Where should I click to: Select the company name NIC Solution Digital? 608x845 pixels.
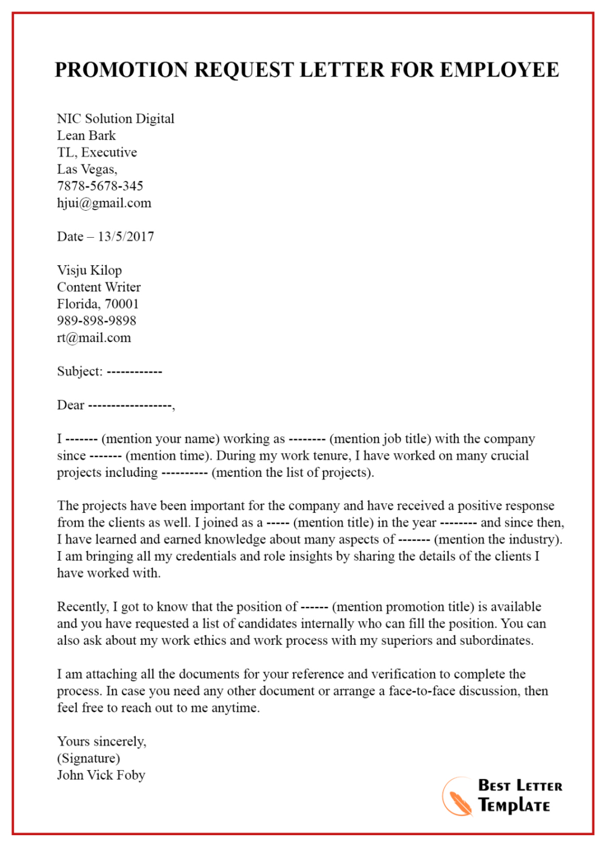[115, 119]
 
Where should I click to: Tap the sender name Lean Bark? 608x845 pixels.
[86, 136]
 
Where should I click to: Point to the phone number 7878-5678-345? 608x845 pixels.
[100, 186]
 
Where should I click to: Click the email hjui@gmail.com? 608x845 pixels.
[104, 203]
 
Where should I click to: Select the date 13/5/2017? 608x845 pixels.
[126, 237]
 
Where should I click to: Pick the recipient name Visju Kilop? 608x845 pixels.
[89, 270]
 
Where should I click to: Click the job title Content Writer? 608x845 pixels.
[99, 287]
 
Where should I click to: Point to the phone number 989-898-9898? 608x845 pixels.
[96, 321]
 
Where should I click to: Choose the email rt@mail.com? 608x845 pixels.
[94, 338]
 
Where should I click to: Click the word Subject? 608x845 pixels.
[80, 371]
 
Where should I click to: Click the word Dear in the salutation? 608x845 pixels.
[70, 405]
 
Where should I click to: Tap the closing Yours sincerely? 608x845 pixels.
[102, 742]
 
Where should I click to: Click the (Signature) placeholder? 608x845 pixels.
[89, 759]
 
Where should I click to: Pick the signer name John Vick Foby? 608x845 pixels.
[101, 775]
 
